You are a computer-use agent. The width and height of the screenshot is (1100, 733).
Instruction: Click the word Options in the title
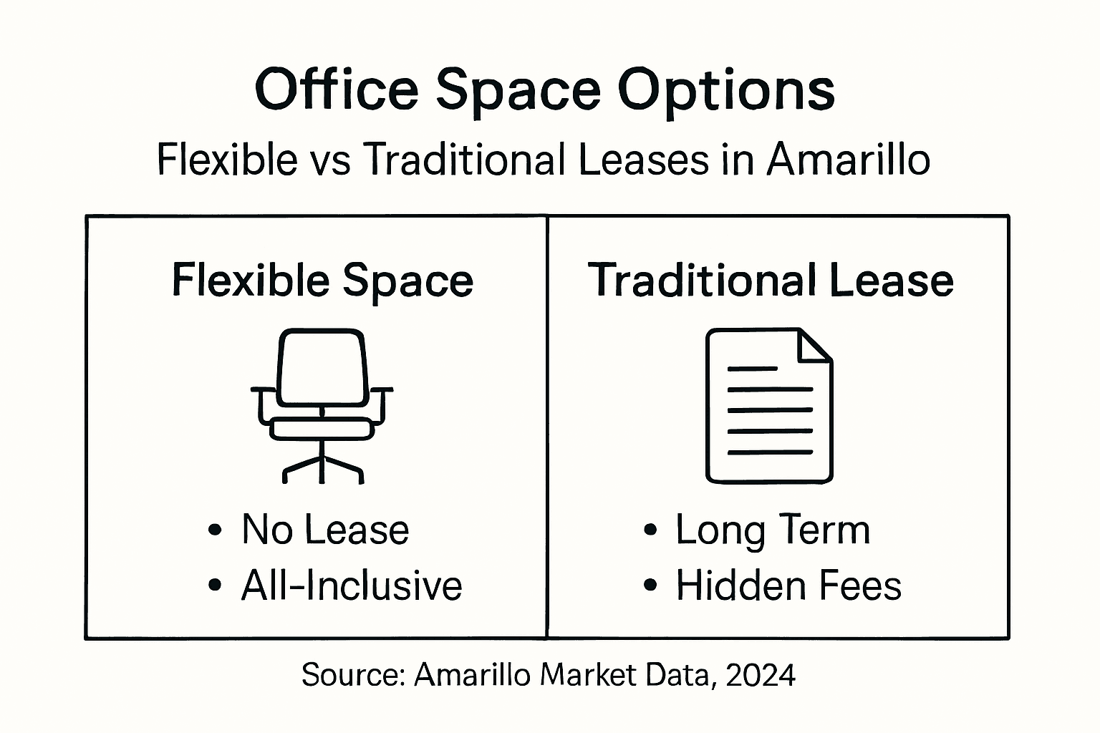[x=726, y=90]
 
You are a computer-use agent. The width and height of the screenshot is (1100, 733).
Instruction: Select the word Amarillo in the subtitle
[x=849, y=159]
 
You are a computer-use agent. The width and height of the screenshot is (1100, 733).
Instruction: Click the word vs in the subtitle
[x=331, y=160]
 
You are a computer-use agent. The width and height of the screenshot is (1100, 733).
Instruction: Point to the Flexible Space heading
[x=322, y=280]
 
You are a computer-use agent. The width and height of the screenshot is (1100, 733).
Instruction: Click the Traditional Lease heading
[x=771, y=280]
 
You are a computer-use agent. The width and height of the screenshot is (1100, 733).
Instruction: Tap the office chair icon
[x=322, y=405]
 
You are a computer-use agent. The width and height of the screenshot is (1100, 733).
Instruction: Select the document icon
[x=769, y=405]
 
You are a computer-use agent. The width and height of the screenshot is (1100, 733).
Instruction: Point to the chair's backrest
[x=322, y=366]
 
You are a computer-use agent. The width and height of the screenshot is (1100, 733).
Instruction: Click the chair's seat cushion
[x=322, y=429]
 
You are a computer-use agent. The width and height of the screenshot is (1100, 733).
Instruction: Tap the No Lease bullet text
[x=325, y=530]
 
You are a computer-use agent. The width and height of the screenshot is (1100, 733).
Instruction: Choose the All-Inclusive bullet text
[x=352, y=586]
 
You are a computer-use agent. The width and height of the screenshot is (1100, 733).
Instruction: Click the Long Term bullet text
[x=773, y=530]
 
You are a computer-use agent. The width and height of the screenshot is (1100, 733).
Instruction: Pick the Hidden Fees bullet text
[x=788, y=586]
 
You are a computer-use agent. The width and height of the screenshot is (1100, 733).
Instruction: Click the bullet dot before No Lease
[x=214, y=530]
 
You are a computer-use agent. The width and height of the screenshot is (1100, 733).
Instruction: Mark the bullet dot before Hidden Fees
[x=650, y=586]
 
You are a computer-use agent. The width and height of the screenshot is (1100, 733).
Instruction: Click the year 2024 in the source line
[x=761, y=675]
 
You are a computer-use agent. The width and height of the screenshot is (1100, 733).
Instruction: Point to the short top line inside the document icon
[x=752, y=369]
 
